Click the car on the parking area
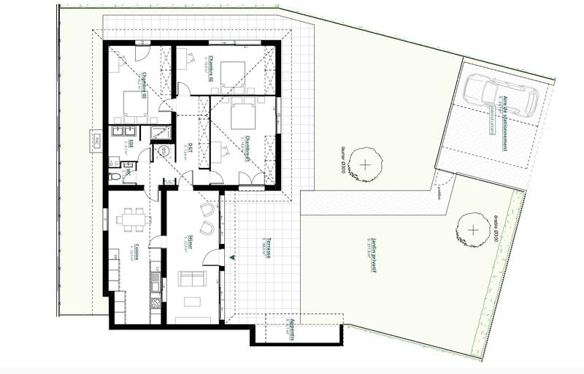click(x=499, y=93)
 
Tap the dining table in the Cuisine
click(x=132, y=217)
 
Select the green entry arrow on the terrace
click(x=233, y=257)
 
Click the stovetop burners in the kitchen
click(x=155, y=301)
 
